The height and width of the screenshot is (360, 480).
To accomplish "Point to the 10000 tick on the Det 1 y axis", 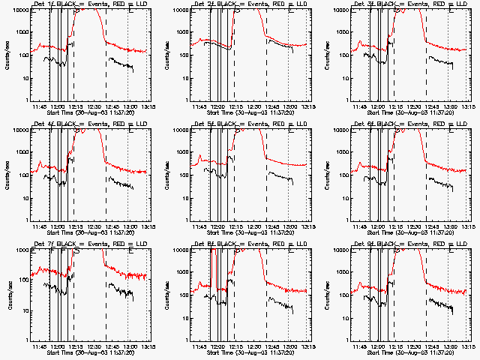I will pos(17,10).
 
